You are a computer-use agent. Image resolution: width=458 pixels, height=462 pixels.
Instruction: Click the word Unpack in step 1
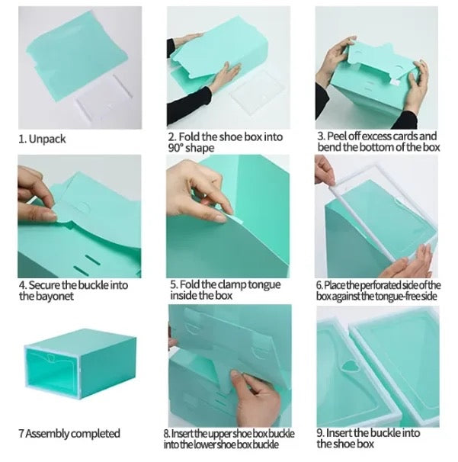coord(47,139)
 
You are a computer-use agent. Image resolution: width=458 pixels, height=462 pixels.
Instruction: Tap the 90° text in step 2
coord(176,148)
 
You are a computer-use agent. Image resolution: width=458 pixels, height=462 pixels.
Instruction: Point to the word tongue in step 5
coord(264,285)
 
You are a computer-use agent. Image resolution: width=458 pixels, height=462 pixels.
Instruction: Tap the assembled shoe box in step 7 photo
coord(80,364)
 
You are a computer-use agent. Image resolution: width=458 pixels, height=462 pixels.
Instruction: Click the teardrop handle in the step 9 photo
coord(349,366)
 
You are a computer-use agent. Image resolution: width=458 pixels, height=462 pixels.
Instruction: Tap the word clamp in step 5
coord(232,284)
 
